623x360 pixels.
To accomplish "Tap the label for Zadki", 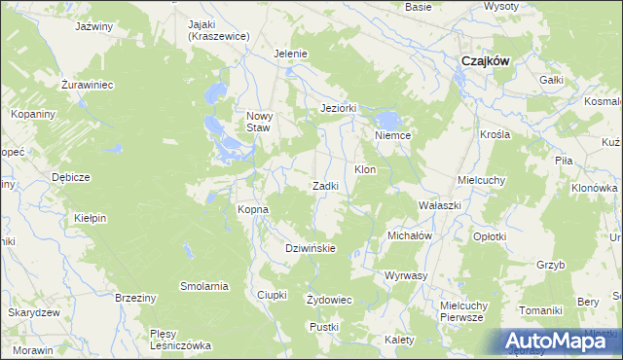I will point(325,186).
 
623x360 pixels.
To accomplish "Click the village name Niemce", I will point(393,136).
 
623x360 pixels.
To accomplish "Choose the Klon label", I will point(365,170).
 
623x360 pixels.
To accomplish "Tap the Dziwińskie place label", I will point(311,248).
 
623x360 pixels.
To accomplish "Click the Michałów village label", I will point(409,235).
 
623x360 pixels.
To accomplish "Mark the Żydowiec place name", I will point(329,299).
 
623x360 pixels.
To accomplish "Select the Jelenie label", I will point(291,54).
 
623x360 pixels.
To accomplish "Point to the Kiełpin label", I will point(89,219).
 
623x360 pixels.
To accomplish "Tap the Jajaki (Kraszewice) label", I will point(219,28).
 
